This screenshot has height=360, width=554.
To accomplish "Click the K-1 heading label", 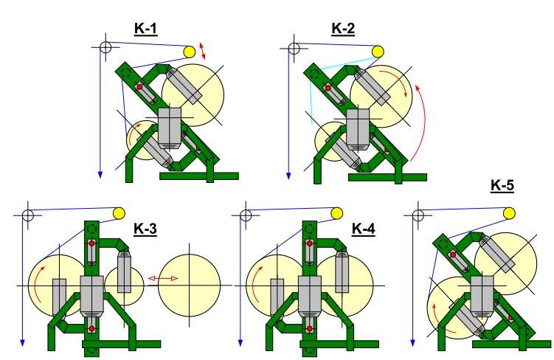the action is point(145,28).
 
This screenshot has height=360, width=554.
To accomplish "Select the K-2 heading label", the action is point(343,28).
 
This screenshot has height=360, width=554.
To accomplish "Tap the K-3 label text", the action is point(145,229).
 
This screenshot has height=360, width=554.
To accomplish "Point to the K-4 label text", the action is point(364,229).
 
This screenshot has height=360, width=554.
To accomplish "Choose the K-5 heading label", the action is point(502,185).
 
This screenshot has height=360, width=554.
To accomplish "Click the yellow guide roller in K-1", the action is point(190,52).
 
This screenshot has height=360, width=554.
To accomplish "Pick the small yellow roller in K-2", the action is point(378,52).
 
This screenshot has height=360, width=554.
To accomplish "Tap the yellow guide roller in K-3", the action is point(119,213).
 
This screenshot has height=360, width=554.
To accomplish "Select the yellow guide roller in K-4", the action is point(336,213).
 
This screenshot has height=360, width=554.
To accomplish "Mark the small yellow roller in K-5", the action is point(509,213).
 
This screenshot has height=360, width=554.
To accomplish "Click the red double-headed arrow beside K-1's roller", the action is point(202,51).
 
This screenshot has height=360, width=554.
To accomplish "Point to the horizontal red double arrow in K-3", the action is point(163,279).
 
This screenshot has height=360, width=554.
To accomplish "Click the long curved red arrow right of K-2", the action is point(423,120).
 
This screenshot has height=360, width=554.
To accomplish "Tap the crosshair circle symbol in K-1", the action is point(105,46).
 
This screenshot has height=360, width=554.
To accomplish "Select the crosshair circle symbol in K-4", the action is point(246,215).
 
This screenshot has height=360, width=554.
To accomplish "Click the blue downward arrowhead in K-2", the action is point(288,176).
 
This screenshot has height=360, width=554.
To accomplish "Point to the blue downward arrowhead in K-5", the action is point(412,343).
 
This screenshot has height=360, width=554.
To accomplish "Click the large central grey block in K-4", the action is point(310,296).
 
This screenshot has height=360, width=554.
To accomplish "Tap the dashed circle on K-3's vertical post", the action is point(92,229).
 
